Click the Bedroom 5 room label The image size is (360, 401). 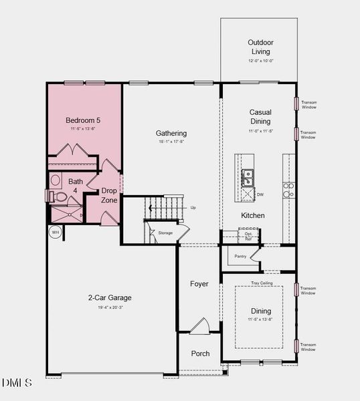pyautogui.click(x=84, y=120)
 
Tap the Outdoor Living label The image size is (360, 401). pyautogui.click(x=261, y=47)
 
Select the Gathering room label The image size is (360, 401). pyautogui.click(x=171, y=133)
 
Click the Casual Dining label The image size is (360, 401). pyautogui.click(x=260, y=117)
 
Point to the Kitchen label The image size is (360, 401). pyautogui.click(x=253, y=215)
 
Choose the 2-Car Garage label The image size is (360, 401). pyautogui.click(x=110, y=297)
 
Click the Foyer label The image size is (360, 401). pyautogui.click(x=199, y=284)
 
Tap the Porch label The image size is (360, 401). pyautogui.click(x=200, y=354)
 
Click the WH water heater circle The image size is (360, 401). pyautogui.click(x=55, y=232)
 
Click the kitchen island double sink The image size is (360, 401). pyautogui.click(x=248, y=177)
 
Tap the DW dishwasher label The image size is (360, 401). pyautogui.click(x=260, y=194)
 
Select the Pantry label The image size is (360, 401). pyautogui.click(x=240, y=256)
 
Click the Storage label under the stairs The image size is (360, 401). pyautogui.click(x=165, y=233)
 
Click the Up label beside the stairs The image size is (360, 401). pyautogui.click(x=193, y=207)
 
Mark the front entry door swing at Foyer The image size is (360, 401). pyautogui.click(x=199, y=327)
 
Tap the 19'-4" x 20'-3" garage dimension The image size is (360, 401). pyautogui.click(x=110, y=307)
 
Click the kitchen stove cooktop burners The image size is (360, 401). pyautogui.click(x=288, y=190)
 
